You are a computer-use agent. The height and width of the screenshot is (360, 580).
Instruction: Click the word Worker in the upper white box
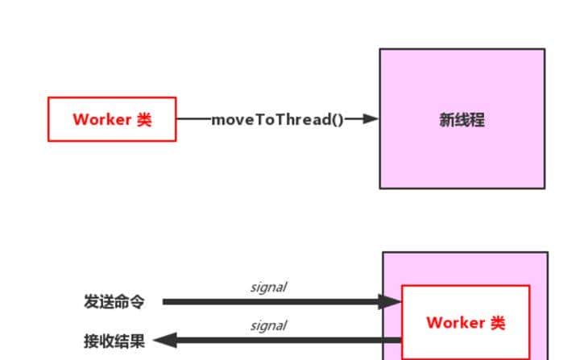tap(102, 120)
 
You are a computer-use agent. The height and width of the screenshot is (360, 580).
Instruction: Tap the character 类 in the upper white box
tap(143, 120)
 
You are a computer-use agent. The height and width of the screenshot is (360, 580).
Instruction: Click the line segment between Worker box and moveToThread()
tap(193, 119)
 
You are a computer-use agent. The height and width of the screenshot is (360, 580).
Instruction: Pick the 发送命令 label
tap(114, 302)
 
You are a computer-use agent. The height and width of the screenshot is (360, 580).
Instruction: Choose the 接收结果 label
tap(114, 341)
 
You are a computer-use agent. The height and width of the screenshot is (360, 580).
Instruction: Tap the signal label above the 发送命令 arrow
tap(268, 288)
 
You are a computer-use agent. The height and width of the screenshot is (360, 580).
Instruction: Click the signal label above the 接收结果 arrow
tap(268, 326)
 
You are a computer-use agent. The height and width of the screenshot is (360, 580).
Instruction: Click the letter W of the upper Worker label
tap(81, 120)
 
